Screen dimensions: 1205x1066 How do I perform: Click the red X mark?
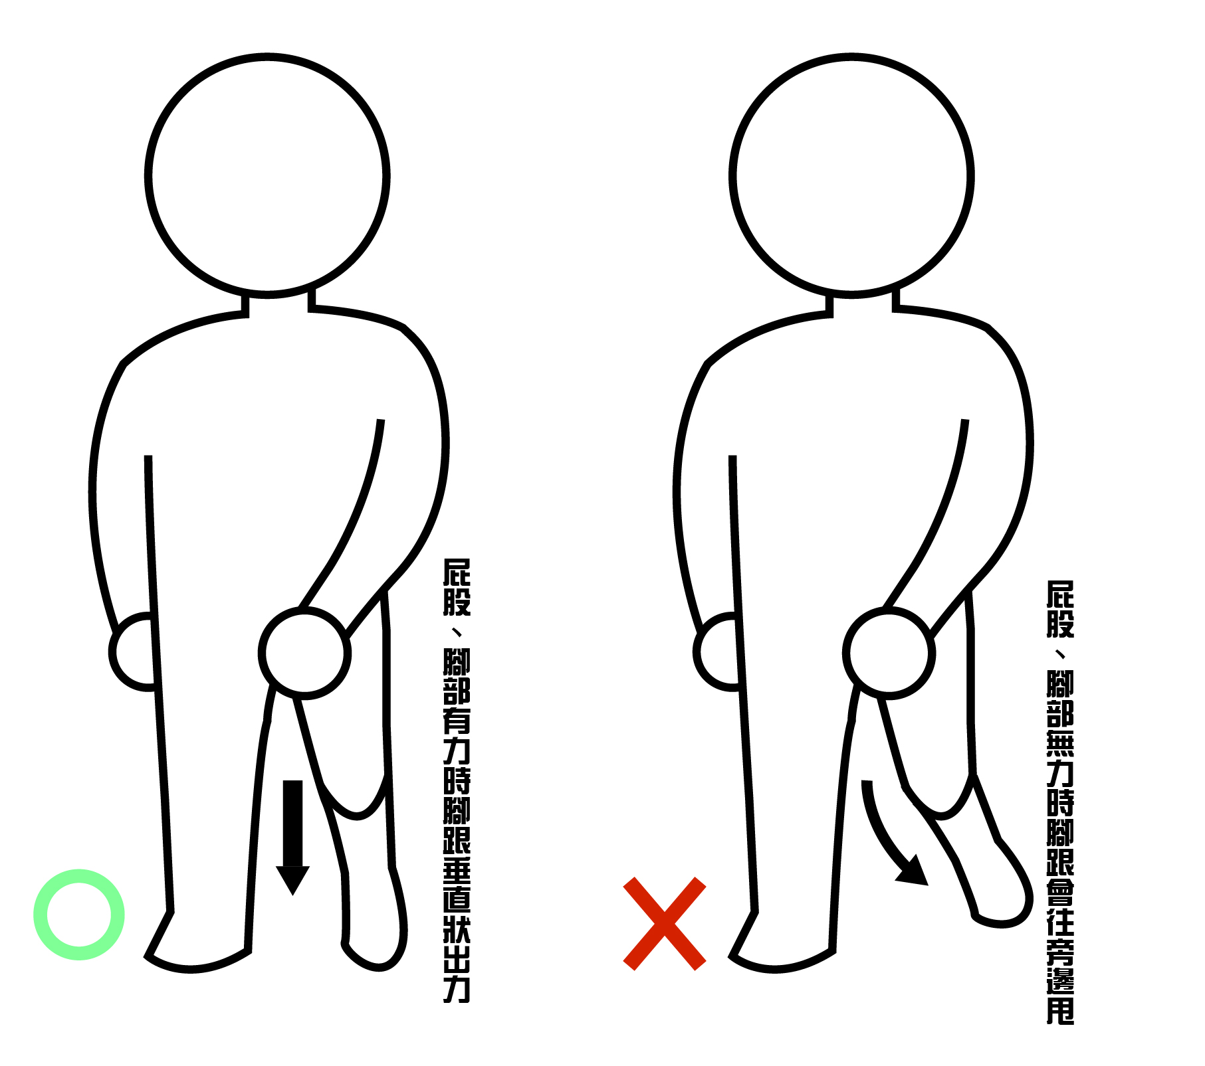coord(665,923)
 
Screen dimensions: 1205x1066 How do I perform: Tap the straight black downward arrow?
coord(292,838)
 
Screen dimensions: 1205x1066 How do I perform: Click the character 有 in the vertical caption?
coord(457,721)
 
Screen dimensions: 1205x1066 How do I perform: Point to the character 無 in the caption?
coord(1060,743)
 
